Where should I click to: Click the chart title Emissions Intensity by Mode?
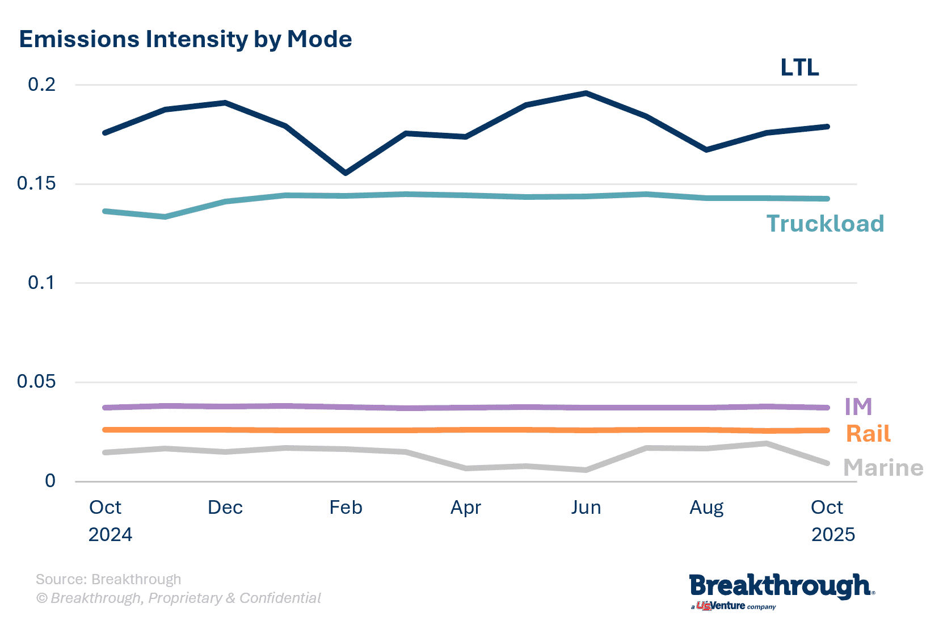[186, 39]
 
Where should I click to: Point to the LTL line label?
[799, 68]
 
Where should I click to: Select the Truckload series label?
[825, 224]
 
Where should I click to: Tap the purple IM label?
[858, 406]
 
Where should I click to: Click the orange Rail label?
[868, 434]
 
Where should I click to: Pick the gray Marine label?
[883, 468]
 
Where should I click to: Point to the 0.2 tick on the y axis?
[42, 85]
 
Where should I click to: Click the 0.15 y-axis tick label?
[36, 183]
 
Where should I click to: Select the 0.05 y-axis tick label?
[36, 381]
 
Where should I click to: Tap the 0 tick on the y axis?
[50, 481]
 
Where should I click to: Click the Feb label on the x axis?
[346, 507]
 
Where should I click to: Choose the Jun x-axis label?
[586, 507]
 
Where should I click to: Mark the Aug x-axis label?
[706, 507]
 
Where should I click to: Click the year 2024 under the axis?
[110, 534]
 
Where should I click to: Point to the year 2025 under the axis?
[833, 534]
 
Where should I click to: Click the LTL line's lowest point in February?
[345, 173]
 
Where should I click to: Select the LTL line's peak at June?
[586, 93]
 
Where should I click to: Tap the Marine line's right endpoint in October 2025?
[827, 463]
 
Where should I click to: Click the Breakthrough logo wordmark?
[780, 586]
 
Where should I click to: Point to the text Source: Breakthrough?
[108, 579]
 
